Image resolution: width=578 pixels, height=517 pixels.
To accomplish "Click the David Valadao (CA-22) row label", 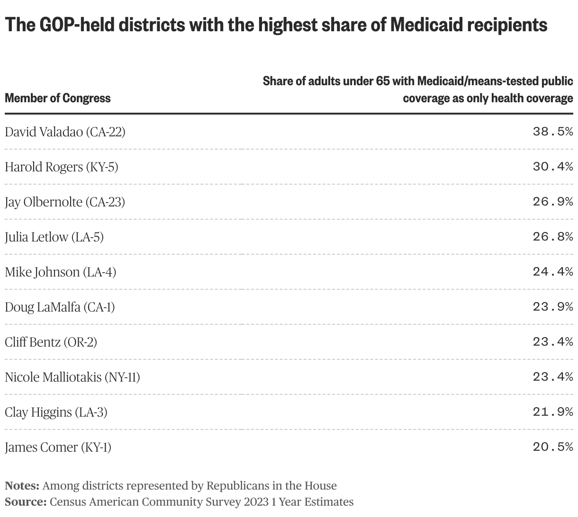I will pos(65,132).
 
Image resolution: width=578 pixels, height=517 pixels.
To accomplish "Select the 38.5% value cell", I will pos(552,132).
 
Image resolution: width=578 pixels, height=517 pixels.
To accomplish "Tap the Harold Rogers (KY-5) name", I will pos(61,167).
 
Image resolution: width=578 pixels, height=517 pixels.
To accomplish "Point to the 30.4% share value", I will pos(552,167).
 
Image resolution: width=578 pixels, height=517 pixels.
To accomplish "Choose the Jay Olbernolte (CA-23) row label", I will pos(65,202).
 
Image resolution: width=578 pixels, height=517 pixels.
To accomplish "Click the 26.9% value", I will pos(552,202).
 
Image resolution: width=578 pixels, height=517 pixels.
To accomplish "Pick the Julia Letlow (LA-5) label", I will pos(54,237).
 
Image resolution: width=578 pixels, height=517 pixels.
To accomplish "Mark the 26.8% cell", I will pos(552,237).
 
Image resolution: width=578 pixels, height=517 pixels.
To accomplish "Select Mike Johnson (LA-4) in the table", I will pos(60,272).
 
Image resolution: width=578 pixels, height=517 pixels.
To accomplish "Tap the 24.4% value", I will pos(552,272).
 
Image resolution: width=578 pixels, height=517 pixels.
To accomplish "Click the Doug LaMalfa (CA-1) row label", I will pos(60,307).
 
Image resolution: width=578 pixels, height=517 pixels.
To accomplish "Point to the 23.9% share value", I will pos(552,307).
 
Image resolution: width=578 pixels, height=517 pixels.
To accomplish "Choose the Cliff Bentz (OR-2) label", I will pos(51,342).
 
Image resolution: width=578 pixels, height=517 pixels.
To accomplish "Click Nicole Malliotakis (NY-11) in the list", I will pos(72,377).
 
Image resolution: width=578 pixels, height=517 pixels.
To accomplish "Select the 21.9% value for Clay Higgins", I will pos(552,412).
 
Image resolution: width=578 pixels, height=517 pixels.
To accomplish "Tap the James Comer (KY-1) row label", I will pos(58,447).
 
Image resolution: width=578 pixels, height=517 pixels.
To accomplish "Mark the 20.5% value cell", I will pos(552,447).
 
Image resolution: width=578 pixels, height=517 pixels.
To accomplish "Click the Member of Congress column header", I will pos(57,98).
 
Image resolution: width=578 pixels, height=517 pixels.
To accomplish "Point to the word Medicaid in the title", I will pos(422,25).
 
